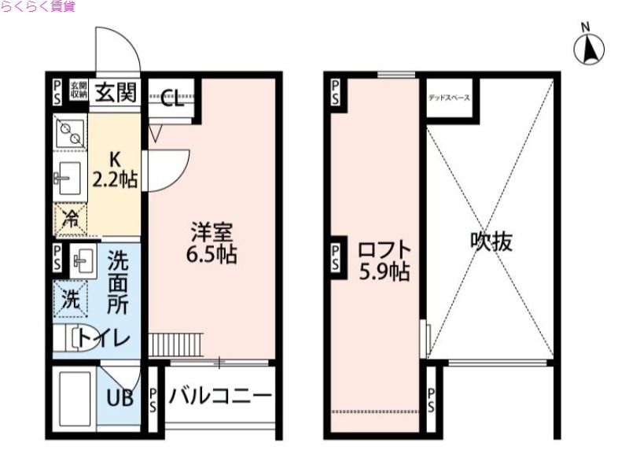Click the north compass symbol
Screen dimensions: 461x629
coord(590,49)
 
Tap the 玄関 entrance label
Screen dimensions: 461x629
coord(116,93)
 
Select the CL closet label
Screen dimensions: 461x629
coord(172,99)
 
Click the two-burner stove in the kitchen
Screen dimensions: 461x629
coord(70,131)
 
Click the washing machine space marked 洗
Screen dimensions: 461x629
coord(71,298)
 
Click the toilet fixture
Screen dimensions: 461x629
coord(81,338)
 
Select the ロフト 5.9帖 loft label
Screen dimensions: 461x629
coord(383,261)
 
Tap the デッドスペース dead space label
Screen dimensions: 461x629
coord(449,98)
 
